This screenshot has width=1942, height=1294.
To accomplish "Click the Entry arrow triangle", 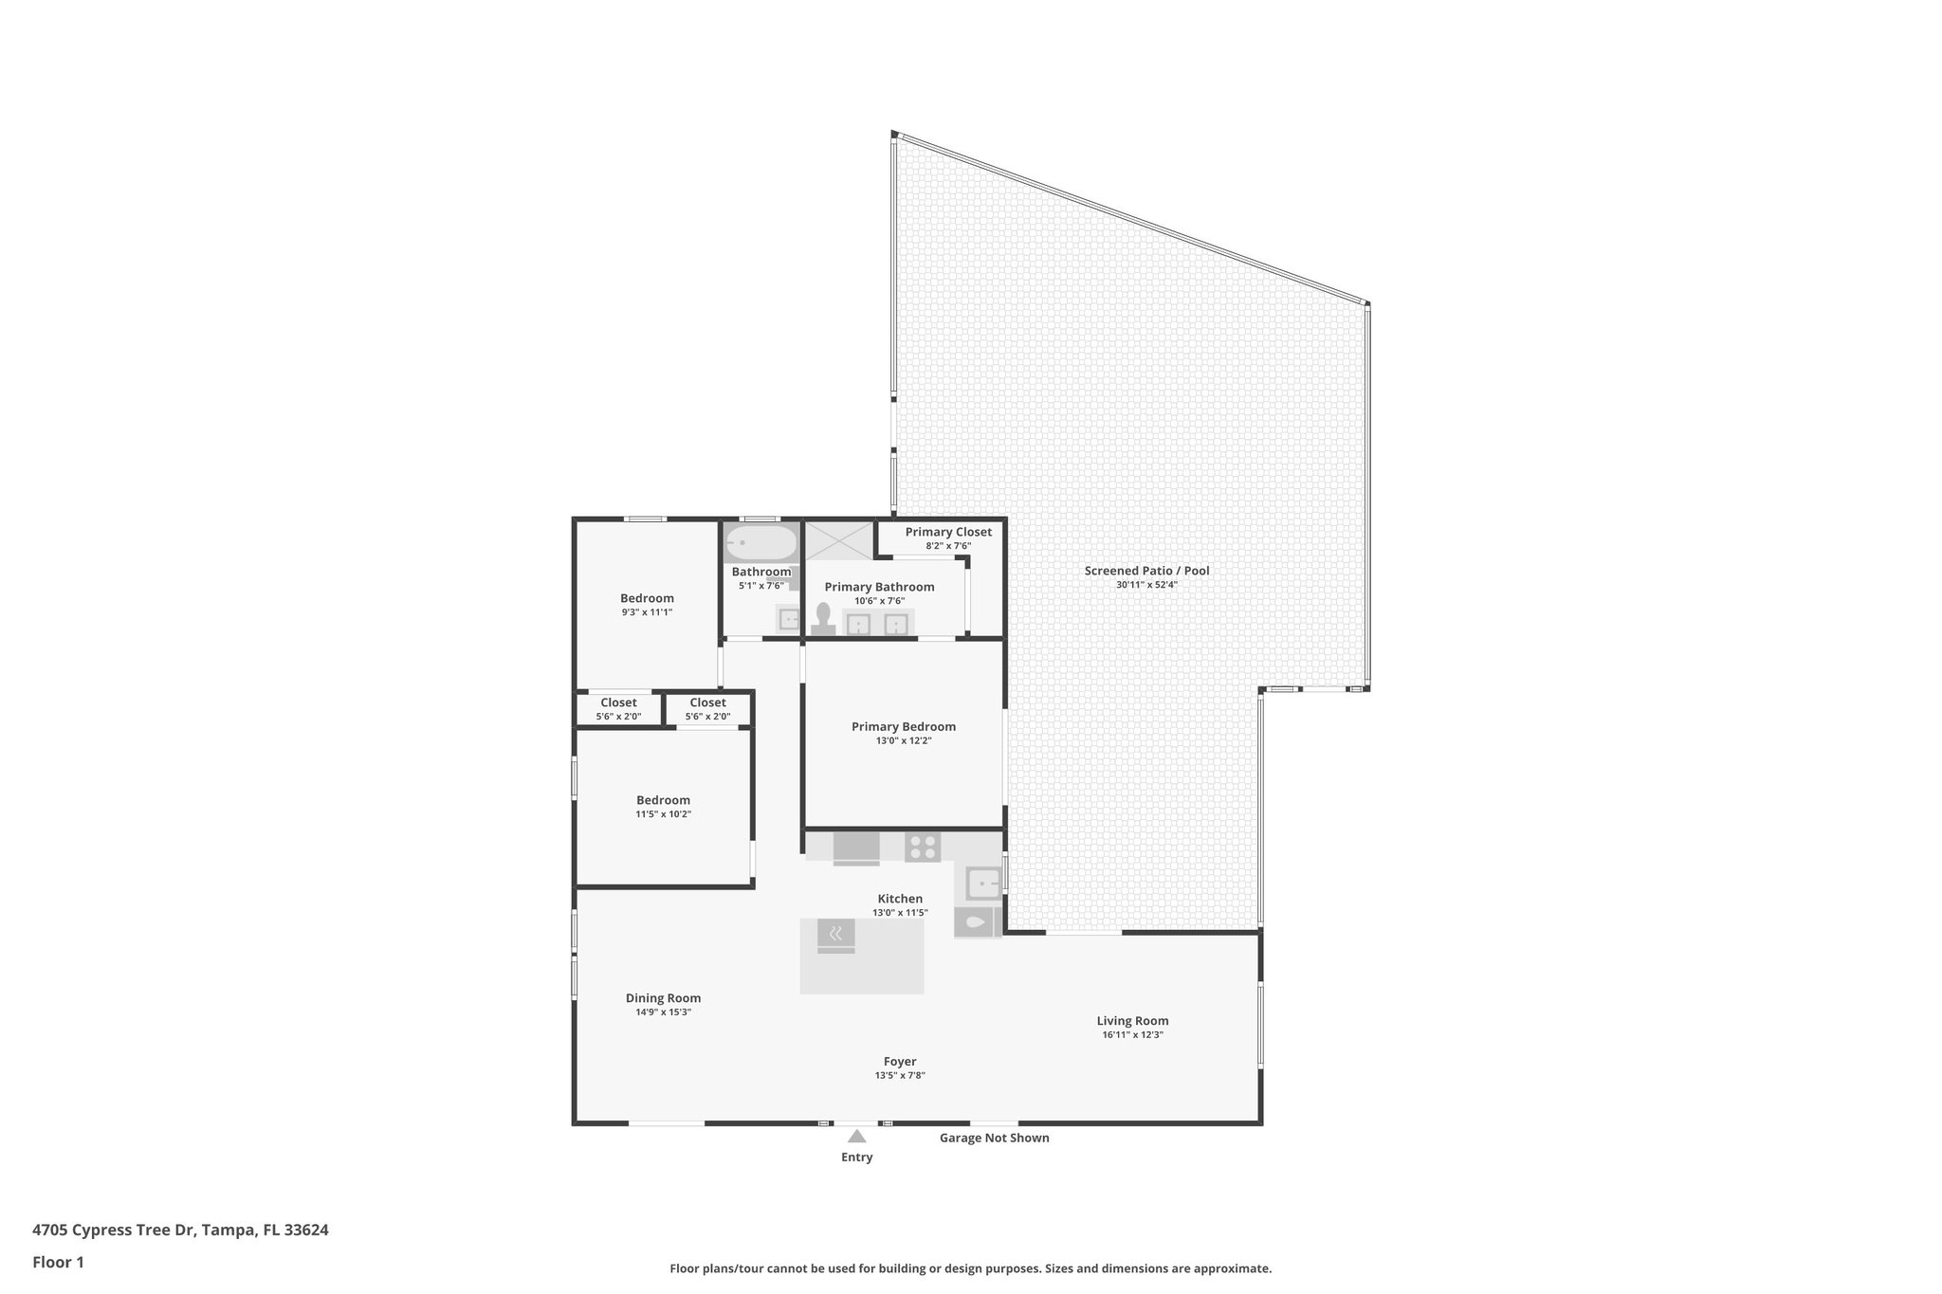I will tap(856, 1136).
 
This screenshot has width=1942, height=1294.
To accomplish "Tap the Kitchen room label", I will tap(900, 899).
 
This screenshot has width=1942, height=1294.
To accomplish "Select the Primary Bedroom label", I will tap(903, 727).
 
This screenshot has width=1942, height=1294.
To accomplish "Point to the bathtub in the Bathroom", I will tap(760, 545).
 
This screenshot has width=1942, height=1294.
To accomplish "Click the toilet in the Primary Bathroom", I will tap(823, 618).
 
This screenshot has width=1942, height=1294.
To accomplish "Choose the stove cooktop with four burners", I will tap(922, 846).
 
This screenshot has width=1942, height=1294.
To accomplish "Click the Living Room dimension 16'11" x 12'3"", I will tap(1132, 1034).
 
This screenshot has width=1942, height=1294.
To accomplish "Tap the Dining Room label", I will tap(663, 997).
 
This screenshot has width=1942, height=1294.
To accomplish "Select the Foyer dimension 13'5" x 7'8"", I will tap(899, 1075).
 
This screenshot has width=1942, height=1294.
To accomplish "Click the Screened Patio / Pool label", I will tap(1146, 571).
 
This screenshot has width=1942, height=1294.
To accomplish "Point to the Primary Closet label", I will tap(947, 532).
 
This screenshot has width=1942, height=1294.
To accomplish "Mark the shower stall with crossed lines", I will tap(838, 541).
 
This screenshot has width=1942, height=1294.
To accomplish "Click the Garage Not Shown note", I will tap(994, 1138).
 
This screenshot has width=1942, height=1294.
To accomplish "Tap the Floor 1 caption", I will tap(58, 1262).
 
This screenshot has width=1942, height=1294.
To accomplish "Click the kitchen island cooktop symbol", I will tap(835, 936).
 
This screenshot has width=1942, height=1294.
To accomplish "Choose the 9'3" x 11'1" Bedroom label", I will tap(647, 598).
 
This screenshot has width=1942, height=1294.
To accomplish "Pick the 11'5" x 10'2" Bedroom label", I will tap(663, 800).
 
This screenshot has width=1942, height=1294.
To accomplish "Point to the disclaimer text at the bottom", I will tap(970, 1268).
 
